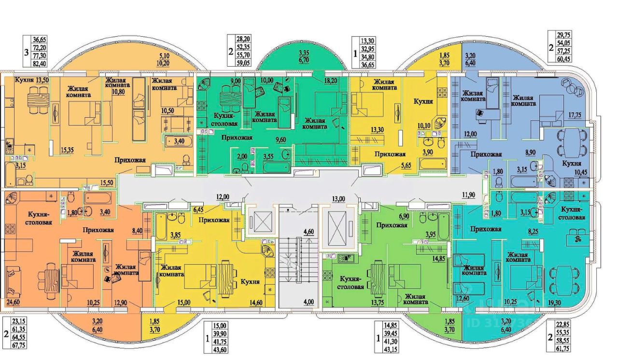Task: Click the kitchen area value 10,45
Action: pos(579,172)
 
